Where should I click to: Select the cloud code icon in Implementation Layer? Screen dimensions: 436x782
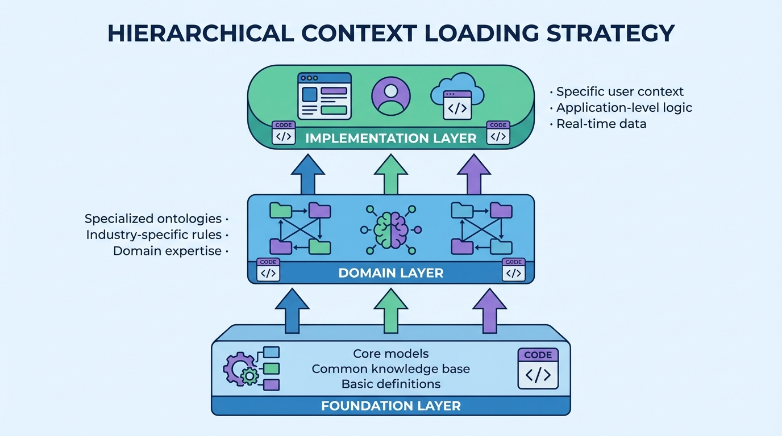457,97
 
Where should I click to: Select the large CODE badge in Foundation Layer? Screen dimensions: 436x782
538,368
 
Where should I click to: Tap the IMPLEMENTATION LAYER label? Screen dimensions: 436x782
390,138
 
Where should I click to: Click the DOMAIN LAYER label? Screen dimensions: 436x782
390,273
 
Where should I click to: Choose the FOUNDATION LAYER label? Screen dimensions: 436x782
390,406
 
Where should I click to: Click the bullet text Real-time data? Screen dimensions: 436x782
601,123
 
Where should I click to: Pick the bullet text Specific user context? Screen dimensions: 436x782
619,91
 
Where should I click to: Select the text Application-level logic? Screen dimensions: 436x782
623,107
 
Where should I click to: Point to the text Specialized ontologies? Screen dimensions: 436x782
153,219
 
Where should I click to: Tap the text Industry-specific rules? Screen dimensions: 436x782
153,234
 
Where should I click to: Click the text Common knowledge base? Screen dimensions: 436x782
390,369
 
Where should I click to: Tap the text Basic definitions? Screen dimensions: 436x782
390,384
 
